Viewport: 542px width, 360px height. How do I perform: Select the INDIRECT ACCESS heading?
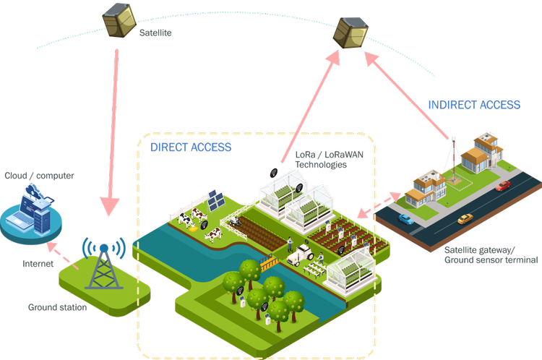(474, 105)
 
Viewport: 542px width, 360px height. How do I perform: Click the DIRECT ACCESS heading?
(191, 147)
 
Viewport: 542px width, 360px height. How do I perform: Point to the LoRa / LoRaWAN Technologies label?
(321, 160)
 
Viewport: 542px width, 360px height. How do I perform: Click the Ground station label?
(58, 307)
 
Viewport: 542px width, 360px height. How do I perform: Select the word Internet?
(38, 265)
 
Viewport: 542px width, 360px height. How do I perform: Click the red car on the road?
(504, 187)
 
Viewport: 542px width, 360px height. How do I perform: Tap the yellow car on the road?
(465, 218)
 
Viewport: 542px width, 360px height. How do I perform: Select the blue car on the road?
(406, 218)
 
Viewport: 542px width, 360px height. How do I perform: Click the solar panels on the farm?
(215, 200)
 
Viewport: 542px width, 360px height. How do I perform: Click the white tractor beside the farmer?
(300, 253)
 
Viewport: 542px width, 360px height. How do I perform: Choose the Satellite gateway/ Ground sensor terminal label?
(491, 254)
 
